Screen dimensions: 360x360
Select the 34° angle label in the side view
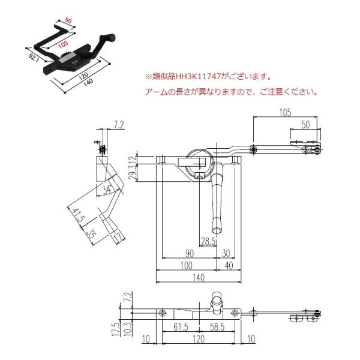coord(106,190)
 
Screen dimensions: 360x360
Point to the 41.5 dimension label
coord(76,215)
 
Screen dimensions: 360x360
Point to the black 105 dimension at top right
coord(285,112)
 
